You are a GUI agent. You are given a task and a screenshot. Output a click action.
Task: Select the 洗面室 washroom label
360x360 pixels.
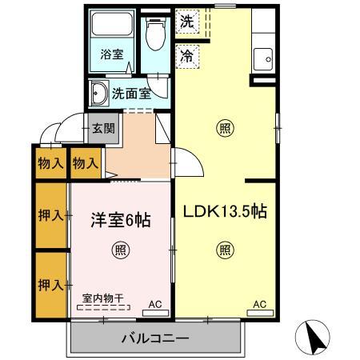point(131,92)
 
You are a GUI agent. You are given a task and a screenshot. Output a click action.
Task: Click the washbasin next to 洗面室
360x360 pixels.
point(101,93)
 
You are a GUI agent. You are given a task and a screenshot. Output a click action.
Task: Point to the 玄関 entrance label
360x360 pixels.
point(103,128)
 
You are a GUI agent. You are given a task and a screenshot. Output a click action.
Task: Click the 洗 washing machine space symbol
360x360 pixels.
point(186,21)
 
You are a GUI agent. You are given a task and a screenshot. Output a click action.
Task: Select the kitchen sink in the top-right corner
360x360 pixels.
point(263,58)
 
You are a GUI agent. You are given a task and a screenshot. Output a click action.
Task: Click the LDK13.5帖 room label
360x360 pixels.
point(226,212)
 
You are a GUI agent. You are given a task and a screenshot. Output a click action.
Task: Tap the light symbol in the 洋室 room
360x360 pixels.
point(120,248)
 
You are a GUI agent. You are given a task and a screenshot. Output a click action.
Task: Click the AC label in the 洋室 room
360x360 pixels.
point(157,304)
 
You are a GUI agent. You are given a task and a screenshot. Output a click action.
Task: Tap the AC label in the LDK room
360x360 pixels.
point(260,304)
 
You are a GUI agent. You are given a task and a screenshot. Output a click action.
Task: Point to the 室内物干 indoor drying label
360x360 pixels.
point(102,298)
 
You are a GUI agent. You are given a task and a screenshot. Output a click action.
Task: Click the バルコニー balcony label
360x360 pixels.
point(155,338)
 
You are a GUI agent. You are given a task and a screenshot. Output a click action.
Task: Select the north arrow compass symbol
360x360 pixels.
point(315,337)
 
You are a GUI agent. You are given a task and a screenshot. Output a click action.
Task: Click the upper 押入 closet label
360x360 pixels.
point(50,215)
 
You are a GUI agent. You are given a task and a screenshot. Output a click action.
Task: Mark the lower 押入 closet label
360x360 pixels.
point(50,284)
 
